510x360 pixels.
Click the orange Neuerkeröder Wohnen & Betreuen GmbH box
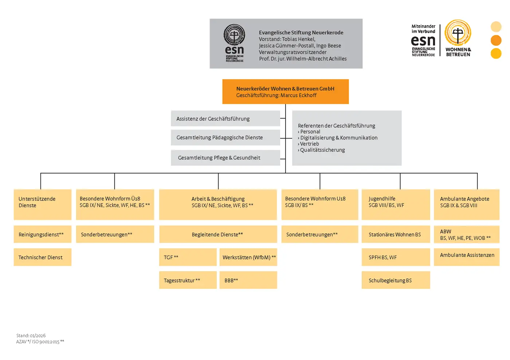285,92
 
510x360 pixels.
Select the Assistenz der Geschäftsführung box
225,119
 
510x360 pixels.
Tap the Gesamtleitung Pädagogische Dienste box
225,138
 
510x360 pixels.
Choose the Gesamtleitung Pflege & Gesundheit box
225,158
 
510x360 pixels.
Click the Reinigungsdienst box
42,234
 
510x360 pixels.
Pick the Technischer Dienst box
42,257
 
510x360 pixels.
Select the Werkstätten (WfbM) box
248,257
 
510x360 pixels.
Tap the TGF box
188,257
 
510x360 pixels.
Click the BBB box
248,280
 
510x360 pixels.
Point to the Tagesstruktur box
188,280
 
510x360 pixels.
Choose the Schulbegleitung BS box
396,280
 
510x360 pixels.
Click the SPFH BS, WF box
396,257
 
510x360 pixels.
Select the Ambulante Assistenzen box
467,256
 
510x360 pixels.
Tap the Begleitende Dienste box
218,234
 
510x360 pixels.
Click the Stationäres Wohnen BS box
396,234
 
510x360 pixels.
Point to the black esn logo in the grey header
234,43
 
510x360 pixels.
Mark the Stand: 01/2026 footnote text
31,336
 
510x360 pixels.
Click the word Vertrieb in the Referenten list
310,144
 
